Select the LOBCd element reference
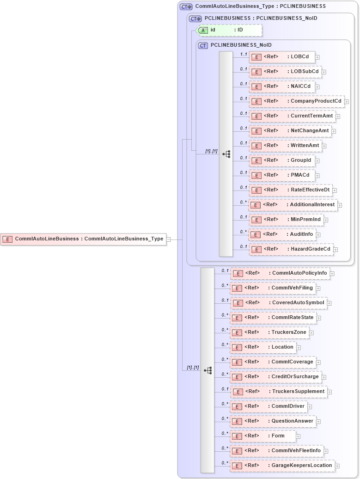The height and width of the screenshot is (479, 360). point(282,57)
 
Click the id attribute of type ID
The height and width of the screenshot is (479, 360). point(229,30)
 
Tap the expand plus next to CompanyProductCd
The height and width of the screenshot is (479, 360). point(347,102)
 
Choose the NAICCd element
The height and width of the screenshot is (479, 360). point(282,86)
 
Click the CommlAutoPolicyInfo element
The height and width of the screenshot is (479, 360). point(281,273)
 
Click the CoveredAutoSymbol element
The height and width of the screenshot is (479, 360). point(279,303)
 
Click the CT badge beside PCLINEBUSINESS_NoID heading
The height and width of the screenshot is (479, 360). point(203,45)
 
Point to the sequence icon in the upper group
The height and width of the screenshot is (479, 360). point(226,154)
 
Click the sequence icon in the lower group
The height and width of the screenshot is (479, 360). point(207,370)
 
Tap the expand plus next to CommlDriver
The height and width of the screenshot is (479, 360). point(310,407)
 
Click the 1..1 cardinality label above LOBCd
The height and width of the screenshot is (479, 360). point(243,54)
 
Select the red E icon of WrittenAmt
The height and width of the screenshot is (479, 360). point(256,146)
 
